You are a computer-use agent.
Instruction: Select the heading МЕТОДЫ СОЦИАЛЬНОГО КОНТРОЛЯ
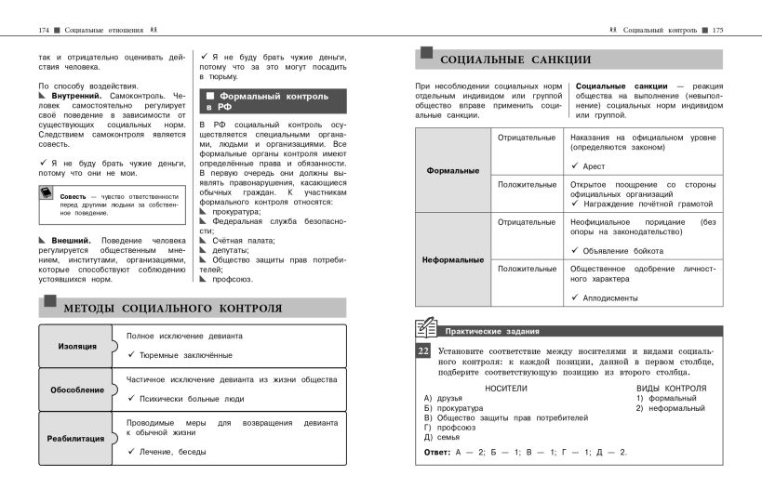click(x=171, y=309)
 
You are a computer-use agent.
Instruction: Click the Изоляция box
click(x=77, y=346)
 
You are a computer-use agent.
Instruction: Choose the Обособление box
click(x=77, y=390)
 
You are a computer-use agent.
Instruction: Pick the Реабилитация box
click(x=77, y=437)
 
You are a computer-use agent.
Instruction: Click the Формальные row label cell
click(x=452, y=171)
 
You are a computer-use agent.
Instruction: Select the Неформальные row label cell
click(x=452, y=259)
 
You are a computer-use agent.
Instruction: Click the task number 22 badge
click(x=422, y=351)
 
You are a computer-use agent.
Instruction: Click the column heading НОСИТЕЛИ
click(x=505, y=388)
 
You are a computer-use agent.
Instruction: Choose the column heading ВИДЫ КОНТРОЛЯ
click(x=671, y=388)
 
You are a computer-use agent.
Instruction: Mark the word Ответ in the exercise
click(x=436, y=452)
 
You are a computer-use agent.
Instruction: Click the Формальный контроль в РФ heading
click(x=269, y=101)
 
